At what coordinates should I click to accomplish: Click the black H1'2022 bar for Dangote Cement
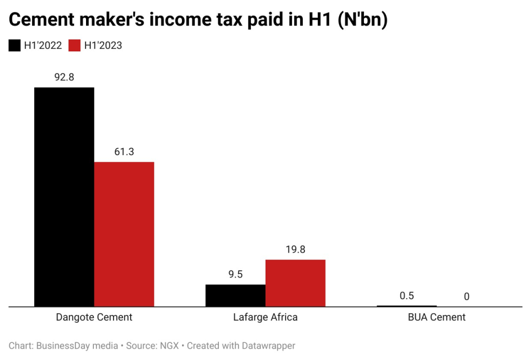(64, 197)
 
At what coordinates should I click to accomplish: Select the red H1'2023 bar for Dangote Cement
(124, 234)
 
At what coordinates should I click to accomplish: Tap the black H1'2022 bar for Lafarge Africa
(235, 295)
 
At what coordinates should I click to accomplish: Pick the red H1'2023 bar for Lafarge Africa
(295, 283)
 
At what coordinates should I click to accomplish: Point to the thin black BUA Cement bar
(407, 306)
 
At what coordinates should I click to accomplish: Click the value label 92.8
(64, 77)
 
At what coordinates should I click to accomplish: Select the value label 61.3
(124, 152)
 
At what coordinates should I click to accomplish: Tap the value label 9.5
(235, 274)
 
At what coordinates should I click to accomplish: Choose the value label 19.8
(295, 250)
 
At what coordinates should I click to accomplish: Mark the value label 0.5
(407, 296)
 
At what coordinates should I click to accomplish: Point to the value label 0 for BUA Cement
(466, 297)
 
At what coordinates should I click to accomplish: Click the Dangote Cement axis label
(94, 317)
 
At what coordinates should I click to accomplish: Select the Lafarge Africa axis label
(265, 317)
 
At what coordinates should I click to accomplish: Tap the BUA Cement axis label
(437, 317)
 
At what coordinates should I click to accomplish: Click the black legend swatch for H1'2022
(15, 46)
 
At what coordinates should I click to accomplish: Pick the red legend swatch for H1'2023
(75, 46)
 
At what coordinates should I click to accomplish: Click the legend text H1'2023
(103, 46)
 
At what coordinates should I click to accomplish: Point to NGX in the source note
(172, 345)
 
